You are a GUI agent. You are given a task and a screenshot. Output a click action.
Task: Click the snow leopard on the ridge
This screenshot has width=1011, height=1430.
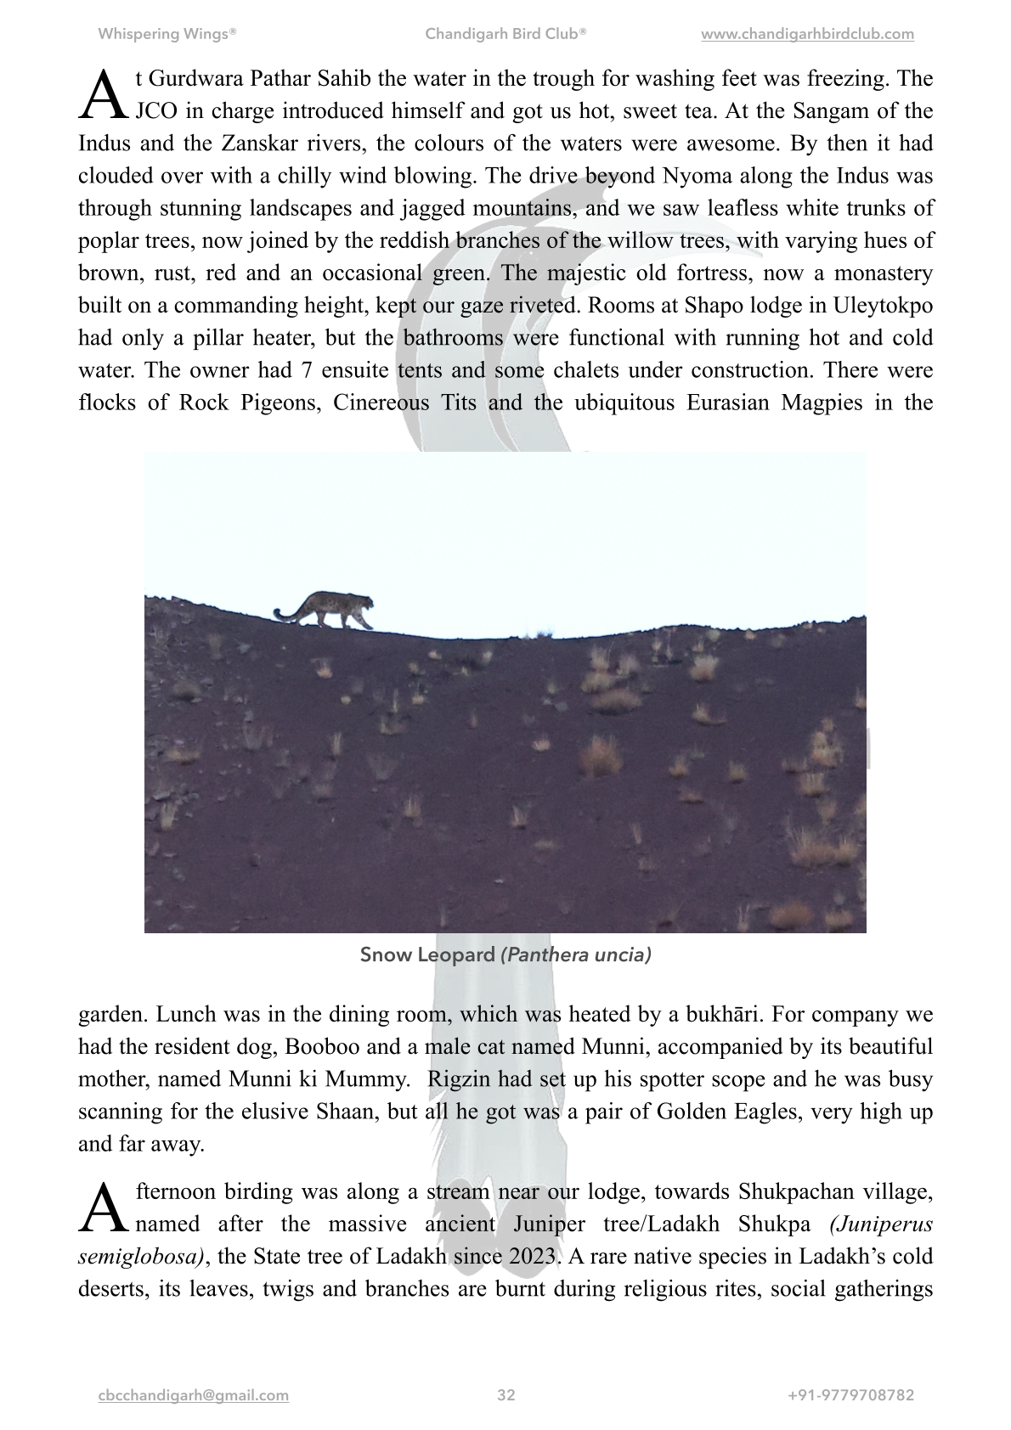click(331, 609)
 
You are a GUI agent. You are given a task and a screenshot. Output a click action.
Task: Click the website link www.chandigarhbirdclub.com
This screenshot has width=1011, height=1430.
click(807, 35)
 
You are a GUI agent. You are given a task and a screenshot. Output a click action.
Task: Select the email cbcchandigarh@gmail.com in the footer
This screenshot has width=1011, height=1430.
click(194, 1395)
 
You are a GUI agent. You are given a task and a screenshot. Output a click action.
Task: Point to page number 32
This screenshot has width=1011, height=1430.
click(506, 1395)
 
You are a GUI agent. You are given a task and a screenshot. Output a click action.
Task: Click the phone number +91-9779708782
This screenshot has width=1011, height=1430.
click(850, 1395)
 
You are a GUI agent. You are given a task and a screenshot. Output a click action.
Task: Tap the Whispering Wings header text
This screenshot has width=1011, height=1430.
click(167, 35)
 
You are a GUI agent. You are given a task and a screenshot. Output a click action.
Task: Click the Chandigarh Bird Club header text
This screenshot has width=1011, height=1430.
click(505, 35)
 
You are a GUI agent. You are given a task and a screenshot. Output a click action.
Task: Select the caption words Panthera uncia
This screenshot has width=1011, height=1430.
click(576, 954)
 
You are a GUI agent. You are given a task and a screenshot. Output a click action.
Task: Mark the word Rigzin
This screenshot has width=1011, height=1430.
click(460, 1079)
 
